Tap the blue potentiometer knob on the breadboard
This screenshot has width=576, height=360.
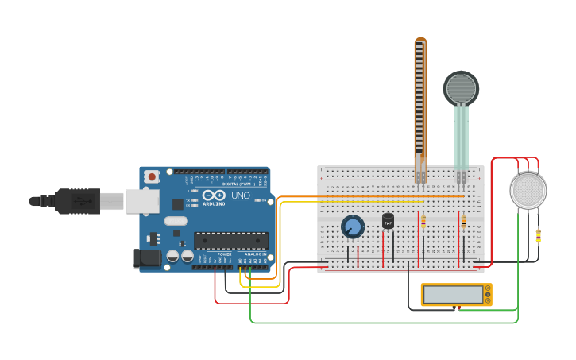coord(353,227)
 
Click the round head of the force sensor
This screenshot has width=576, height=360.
coord(461,88)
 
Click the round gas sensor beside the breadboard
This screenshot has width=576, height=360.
coord(528,191)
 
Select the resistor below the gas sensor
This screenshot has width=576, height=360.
coord(539,235)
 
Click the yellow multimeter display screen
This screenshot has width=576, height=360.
coord(452,295)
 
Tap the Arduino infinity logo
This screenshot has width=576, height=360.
coord(213,195)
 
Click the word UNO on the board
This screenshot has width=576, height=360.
coord(238,195)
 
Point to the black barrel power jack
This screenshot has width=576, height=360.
coord(147,257)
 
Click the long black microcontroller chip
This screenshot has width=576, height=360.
coord(230,240)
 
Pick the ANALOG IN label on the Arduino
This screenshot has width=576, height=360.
coord(255,254)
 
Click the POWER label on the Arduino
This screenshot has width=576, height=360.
coord(224,254)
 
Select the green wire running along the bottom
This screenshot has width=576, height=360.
coord(381,323)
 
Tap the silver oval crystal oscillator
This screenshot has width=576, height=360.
coord(176,221)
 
